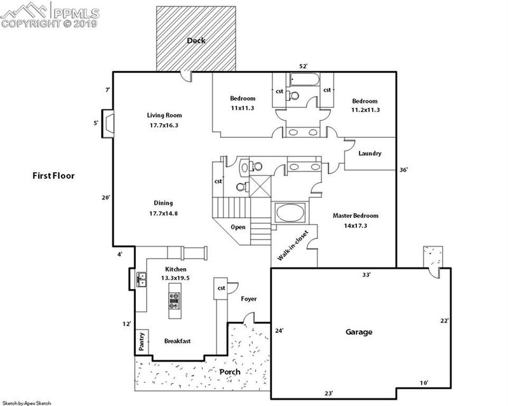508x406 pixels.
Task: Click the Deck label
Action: pyautogui.click(x=196, y=41)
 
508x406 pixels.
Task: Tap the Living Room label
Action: pyautogui.click(x=164, y=115)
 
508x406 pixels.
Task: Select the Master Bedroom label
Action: pyautogui.click(x=356, y=215)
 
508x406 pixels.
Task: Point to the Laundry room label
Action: pyautogui.click(x=370, y=153)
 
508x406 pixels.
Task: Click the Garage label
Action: pyautogui.click(x=359, y=332)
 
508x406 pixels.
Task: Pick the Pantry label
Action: pyautogui.click(x=142, y=341)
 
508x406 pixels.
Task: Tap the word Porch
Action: pyautogui.click(x=230, y=372)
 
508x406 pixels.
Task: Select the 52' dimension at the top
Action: pyautogui.click(x=303, y=66)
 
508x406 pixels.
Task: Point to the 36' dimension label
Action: pyautogui.click(x=403, y=170)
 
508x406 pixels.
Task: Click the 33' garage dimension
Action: pyautogui.click(x=366, y=275)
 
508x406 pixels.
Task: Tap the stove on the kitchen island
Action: pyautogui.click(x=174, y=301)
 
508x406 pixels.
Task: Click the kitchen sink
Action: pyautogui.click(x=141, y=279)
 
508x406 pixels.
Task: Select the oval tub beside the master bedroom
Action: pyautogui.click(x=290, y=213)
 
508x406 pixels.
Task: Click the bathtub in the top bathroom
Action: pyautogui.click(x=305, y=79)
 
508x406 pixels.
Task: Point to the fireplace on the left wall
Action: pyautogui.click(x=108, y=123)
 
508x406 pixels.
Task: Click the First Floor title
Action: pyautogui.click(x=53, y=176)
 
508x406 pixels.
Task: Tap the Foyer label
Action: pyautogui.click(x=249, y=299)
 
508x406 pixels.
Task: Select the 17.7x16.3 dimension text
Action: pyautogui.click(x=164, y=125)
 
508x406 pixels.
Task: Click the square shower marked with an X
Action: pyautogui.click(x=260, y=186)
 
